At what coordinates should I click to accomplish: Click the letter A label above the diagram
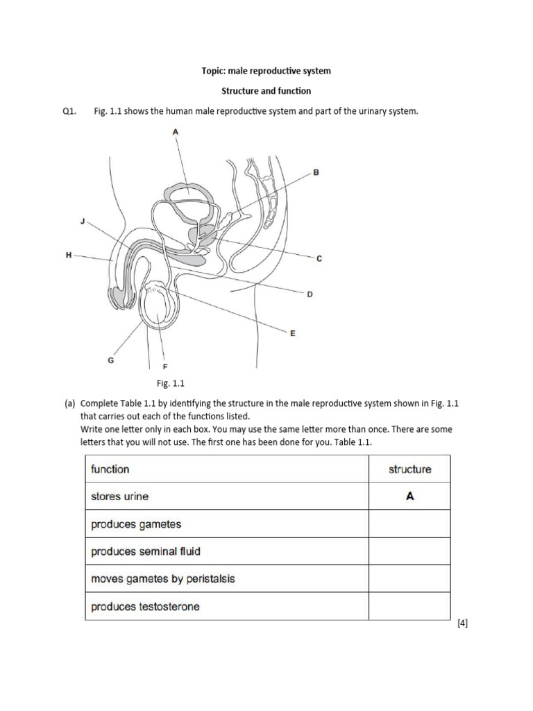[x=176, y=131]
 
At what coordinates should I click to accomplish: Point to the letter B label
[x=316, y=172]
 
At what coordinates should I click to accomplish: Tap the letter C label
[x=319, y=259]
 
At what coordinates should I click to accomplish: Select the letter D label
[x=310, y=294]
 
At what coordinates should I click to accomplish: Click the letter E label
[x=292, y=333]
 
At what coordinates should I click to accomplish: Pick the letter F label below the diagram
[x=164, y=366]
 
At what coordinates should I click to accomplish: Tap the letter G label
[x=110, y=360]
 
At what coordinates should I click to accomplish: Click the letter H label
[x=68, y=256]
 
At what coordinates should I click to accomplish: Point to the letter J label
[x=83, y=221]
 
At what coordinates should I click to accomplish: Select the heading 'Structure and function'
[x=266, y=91]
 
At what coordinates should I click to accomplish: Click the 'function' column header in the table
[x=110, y=469]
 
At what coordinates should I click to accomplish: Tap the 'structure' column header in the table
[x=409, y=469]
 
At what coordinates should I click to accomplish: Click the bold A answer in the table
[x=409, y=496]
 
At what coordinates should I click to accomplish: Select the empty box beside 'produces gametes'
[x=409, y=524]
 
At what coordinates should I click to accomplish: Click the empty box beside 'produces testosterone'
[x=409, y=606]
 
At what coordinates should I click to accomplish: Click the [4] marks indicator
[x=463, y=624]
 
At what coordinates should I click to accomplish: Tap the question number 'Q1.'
[x=69, y=111]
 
